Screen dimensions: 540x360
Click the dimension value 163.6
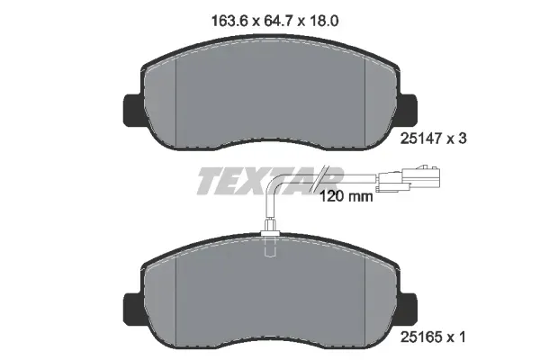click(x=229, y=21)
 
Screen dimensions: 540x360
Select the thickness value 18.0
click(x=324, y=21)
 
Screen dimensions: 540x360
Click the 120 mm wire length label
click(x=346, y=197)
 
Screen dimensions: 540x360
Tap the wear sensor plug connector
click(x=409, y=178)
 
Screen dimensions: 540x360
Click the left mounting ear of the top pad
click(x=133, y=110)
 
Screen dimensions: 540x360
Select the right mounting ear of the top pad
click(x=408, y=110)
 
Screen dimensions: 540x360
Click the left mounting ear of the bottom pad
click(x=133, y=309)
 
